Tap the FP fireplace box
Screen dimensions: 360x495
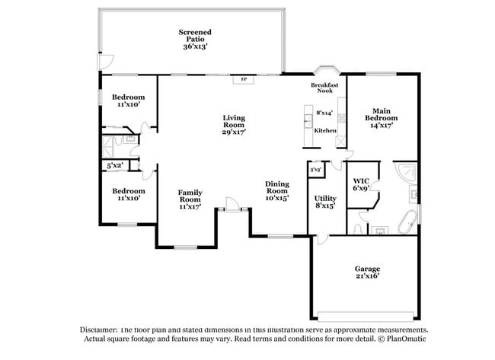pos(244,79)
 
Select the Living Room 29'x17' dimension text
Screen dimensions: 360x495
pos(234,132)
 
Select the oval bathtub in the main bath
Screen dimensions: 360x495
pos(409,222)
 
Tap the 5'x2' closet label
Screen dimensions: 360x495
pos(115,164)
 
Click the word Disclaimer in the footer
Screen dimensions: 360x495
pos(104,330)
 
